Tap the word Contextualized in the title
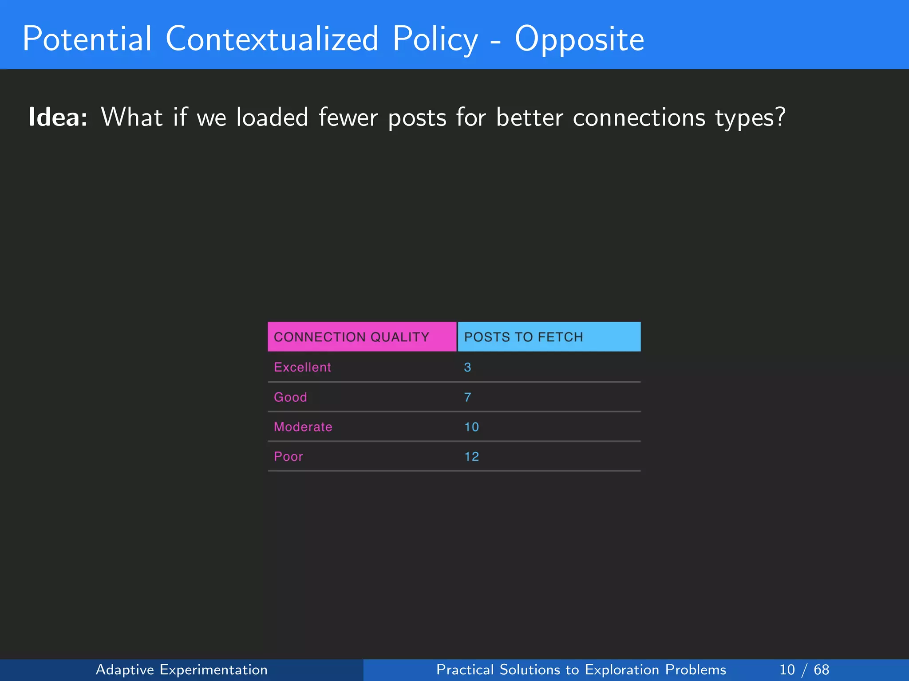[x=272, y=39]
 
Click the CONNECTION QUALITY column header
[x=352, y=337]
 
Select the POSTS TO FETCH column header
[x=524, y=337]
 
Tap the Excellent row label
[x=302, y=367]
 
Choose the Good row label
[x=290, y=397]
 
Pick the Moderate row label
[x=303, y=427]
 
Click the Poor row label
[x=288, y=456]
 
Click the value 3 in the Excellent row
[x=467, y=367]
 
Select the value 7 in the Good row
[x=467, y=397]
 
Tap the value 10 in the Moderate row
[x=471, y=427]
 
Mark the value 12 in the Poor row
[x=471, y=456]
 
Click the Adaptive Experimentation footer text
[x=182, y=669]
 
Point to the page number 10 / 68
[x=804, y=669]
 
